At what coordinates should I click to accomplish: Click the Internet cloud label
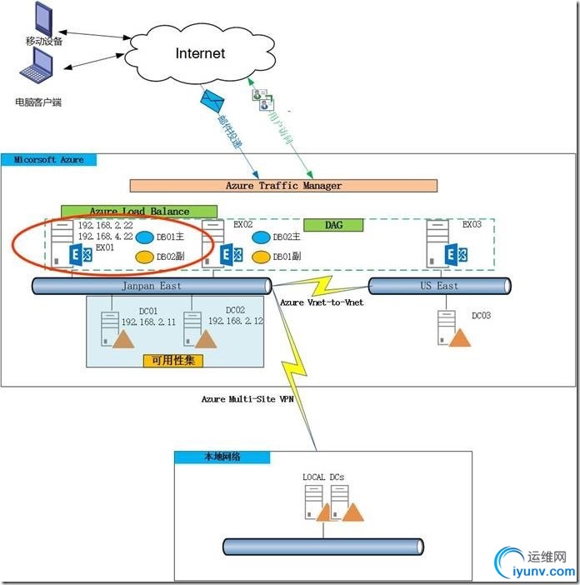pos(200,53)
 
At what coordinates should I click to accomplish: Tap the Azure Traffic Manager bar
pos(283,186)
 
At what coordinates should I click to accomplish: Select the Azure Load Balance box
pos(138,212)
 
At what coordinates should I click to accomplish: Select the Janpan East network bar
pos(150,286)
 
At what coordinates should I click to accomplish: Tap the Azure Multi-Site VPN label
pos(247,399)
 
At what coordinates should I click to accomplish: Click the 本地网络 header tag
pos(222,457)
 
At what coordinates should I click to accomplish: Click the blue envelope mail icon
pos(212,102)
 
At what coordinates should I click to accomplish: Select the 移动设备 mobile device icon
pos(40,18)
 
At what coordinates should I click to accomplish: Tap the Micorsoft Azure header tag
pos(50,159)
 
